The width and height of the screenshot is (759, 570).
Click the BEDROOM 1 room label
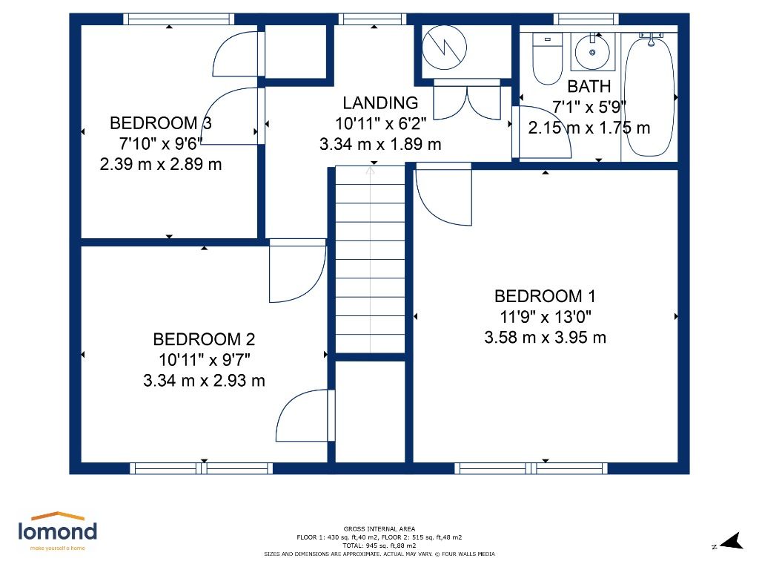545,297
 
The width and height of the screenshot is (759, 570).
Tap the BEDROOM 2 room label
204,340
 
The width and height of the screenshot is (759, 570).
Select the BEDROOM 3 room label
161,123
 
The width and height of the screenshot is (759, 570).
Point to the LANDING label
380,103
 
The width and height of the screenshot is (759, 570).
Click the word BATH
589,87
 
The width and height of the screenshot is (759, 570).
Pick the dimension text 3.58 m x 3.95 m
545,338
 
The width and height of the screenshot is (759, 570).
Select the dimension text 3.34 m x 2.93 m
204,381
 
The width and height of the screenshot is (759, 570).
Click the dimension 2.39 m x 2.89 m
161,164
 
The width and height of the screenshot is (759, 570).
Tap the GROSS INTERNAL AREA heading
379,528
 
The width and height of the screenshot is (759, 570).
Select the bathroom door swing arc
545,132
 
